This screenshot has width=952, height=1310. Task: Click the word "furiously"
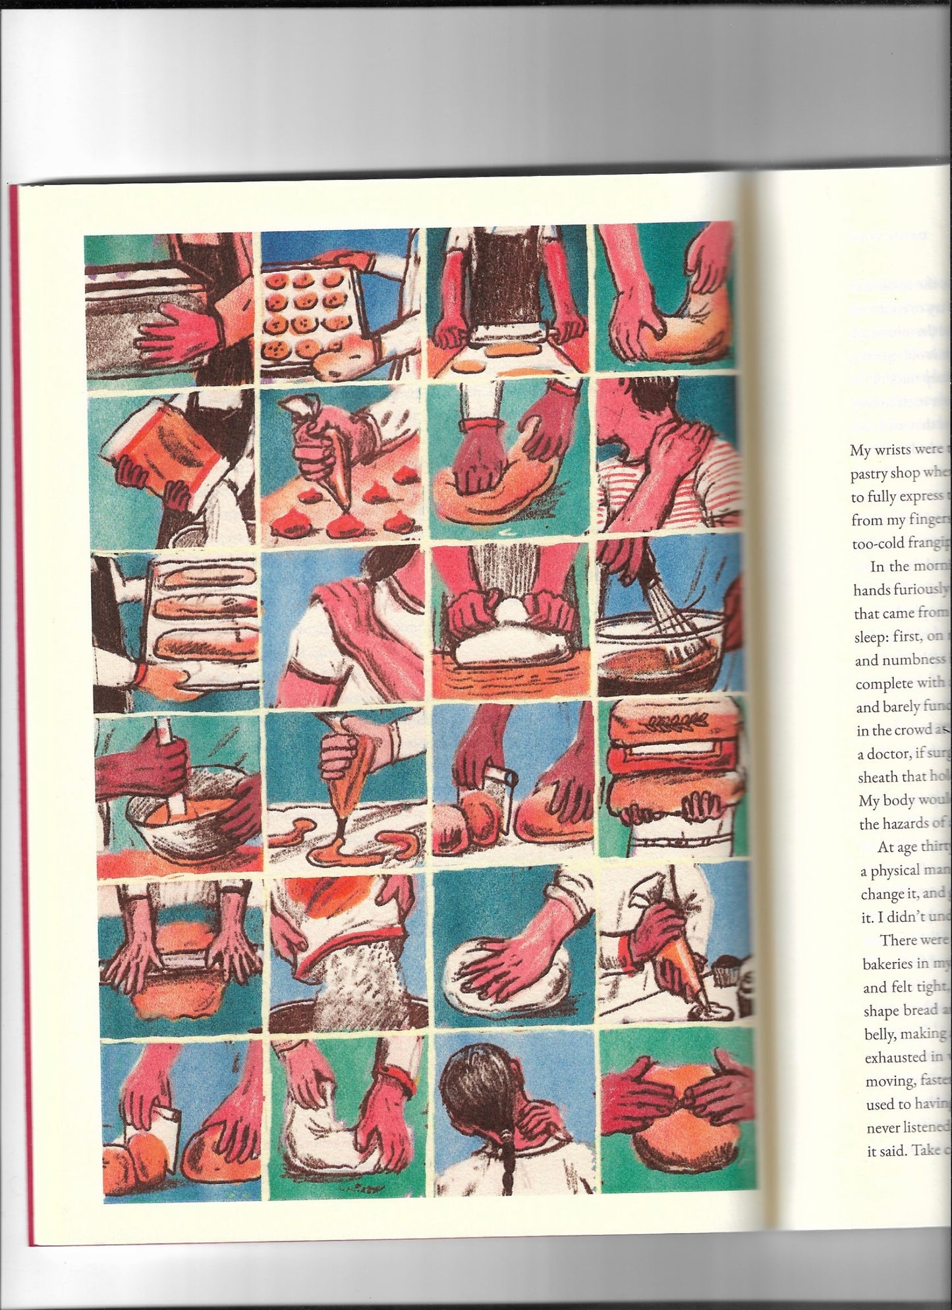point(920,590)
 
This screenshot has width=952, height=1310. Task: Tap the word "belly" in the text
point(878,1033)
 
